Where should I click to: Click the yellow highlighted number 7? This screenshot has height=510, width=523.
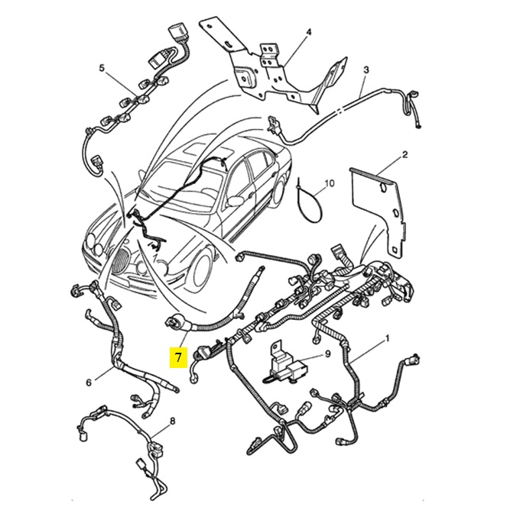[178, 357]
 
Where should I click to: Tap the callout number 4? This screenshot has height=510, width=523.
[309, 32]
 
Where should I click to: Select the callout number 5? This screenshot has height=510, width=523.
[102, 68]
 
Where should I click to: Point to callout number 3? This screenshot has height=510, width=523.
[366, 70]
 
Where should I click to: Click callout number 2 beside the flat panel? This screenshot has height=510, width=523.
[405, 154]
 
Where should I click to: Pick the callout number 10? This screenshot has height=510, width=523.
[330, 183]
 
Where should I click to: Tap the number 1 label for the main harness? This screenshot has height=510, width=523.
[387, 339]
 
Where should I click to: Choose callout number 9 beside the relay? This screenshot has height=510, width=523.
[327, 353]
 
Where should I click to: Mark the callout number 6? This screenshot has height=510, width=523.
[89, 382]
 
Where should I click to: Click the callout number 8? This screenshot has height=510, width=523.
[173, 421]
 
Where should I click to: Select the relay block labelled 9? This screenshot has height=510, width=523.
[288, 365]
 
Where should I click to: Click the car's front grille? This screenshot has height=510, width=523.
[120, 260]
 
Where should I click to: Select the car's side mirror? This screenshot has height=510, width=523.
[235, 201]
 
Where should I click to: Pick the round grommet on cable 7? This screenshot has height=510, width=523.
[174, 322]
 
